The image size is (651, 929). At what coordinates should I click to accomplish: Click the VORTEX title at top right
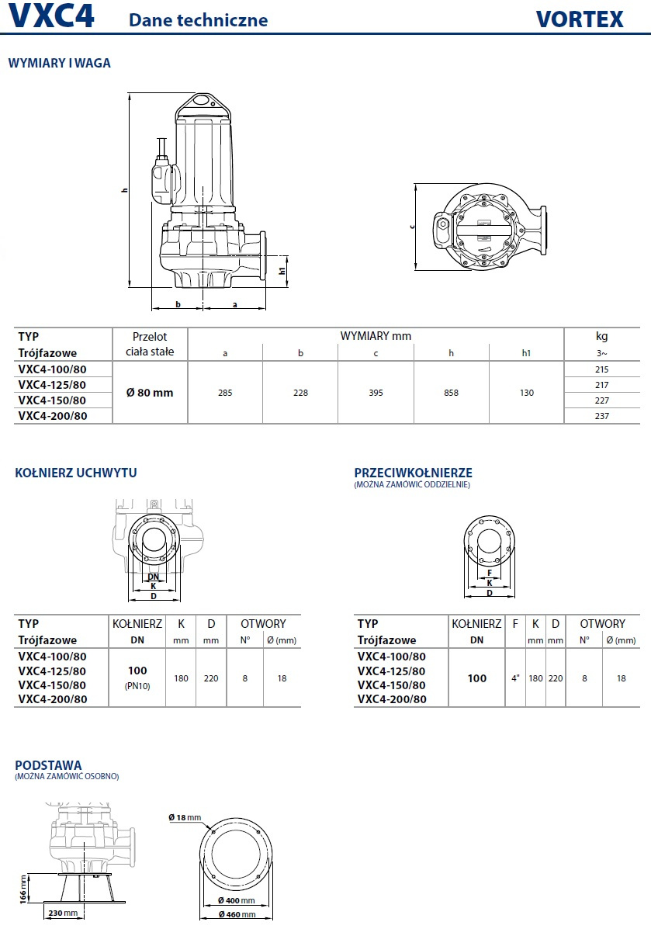point(579,19)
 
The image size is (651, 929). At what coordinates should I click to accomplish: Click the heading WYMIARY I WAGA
point(59,64)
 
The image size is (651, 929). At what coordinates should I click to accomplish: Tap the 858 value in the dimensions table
point(451,393)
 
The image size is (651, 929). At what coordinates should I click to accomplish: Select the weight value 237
point(601,416)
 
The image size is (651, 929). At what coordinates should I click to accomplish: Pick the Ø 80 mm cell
point(150,393)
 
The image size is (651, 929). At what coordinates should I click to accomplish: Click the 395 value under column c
point(376,393)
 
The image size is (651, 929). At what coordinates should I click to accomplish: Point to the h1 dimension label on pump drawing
point(282,270)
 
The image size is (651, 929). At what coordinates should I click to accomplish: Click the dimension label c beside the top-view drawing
point(413,226)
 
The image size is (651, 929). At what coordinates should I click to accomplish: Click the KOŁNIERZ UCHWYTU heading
point(76,473)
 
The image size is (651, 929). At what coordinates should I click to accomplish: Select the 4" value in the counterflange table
point(515,678)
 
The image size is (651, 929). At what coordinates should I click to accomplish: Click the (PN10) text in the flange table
point(137,686)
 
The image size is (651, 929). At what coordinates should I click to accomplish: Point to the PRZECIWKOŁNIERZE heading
point(413,473)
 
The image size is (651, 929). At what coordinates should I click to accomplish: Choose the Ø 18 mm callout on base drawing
point(185,817)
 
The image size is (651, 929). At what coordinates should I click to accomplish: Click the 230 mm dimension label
point(61,913)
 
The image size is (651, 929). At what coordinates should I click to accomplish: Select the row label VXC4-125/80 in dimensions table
point(52,385)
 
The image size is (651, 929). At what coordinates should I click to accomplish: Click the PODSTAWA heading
point(48,765)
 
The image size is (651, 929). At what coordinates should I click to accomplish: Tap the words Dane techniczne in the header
point(198,20)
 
